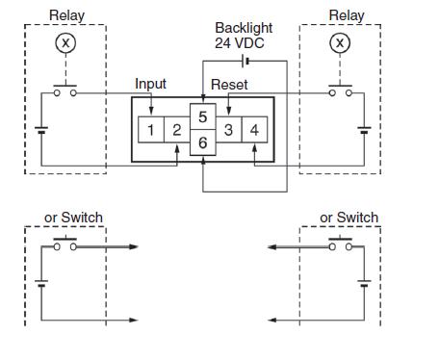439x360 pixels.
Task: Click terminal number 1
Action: [x=152, y=129]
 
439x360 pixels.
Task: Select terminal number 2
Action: [x=176, y=129]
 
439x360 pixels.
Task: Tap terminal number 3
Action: [x=228, y=129]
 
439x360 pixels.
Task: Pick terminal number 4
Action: [x=253, y=129]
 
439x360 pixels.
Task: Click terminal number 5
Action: [x=202, y=117]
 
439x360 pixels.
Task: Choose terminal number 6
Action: [x=202, y=142]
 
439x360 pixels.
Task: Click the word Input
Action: [x=150, y=84]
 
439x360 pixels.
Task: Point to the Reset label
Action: [x=229, y=85]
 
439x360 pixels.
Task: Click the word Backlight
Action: [x=245, y=28]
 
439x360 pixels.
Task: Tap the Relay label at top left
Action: [x=67, y=14]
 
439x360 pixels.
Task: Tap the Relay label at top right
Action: [x=347, y=15]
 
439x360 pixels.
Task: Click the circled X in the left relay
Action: [x=66, y=43]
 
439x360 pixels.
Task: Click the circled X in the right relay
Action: [x=339, y=43]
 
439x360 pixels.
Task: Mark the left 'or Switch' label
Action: [x=73, y=218]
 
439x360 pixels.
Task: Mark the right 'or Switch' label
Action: [x=349, y=218]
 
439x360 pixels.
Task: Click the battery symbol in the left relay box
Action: [x=41, y=130]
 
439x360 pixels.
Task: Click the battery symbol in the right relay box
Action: [x=363, y=130]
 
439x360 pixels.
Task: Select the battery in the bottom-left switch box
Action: [x=41, y=283]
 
